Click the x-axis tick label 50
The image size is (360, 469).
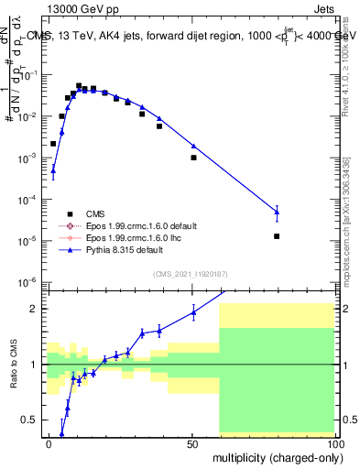click(x=191, y=443)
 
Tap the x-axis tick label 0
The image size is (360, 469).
click(x=49, y=443)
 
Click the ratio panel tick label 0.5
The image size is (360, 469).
click(x=31, y=420)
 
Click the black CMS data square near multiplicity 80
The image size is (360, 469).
click(x=277, y=236)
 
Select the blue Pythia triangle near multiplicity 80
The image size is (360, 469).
click(x=277, y=212)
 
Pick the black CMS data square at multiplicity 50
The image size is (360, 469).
click(x=193, y=158)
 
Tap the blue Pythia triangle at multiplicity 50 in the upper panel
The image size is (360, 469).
click(x=193, y=146)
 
